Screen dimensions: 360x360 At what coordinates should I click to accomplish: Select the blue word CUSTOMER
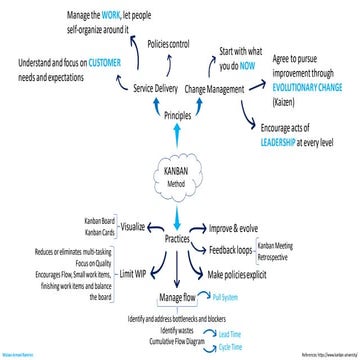pyautogui.click(x=100, y=62)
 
